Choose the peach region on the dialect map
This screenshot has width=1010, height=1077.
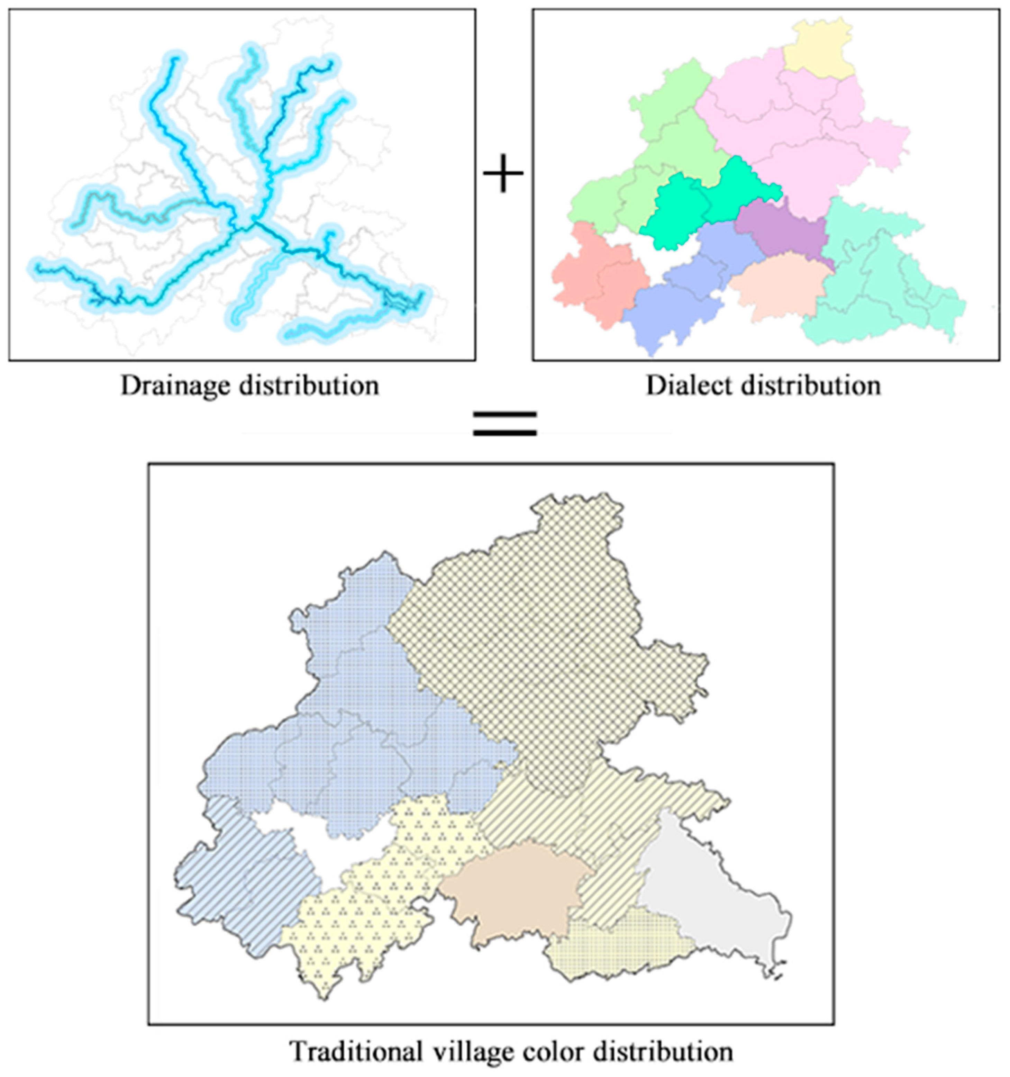click(780, 287)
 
